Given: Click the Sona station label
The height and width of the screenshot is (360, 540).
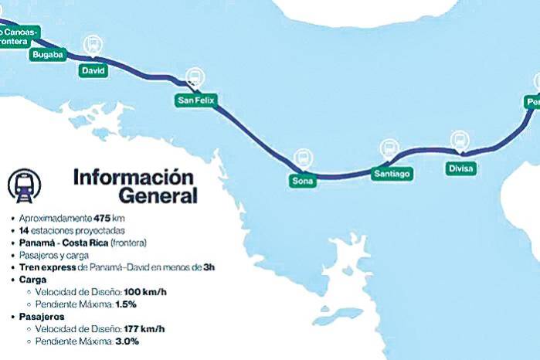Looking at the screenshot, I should pyautogui.click(x=301, y=180).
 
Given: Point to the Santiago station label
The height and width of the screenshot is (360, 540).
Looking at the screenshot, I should pyautogui.click(x=391, y=174).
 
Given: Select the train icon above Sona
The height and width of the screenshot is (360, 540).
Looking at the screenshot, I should pyautogui.click(x=301, y=156).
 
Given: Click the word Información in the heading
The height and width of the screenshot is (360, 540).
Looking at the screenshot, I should pyautogui.click(x=132, y=176).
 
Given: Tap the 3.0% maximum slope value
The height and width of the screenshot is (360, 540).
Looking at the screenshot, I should pyautogui.click(x=127, y=341).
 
